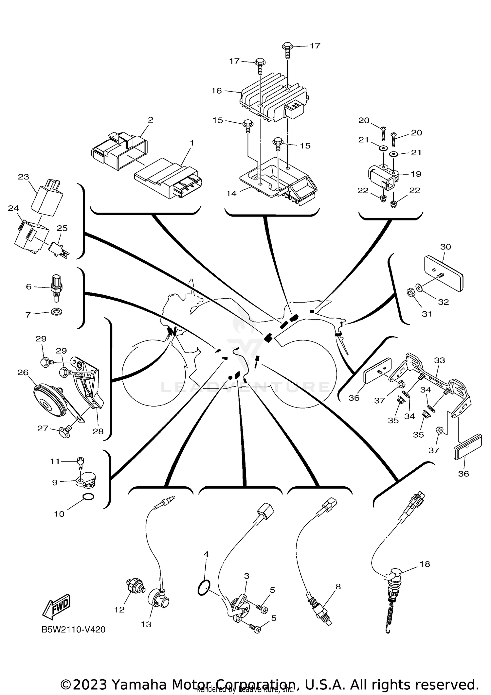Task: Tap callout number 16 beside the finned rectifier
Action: click(216, 91)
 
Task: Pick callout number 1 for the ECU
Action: click(192, 143)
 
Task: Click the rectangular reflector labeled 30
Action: click(444, 273)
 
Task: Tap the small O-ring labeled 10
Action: click(88, 497)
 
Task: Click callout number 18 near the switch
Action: click(425, 564)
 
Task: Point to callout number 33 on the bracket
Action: click(439, 360)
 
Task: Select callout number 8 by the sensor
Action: click(338, 586)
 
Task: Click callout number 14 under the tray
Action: click(231, 193)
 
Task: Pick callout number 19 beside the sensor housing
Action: click(416, 174)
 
